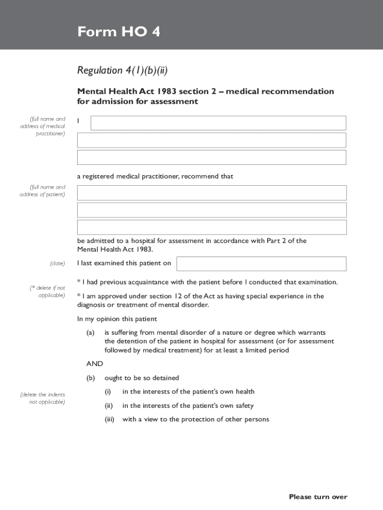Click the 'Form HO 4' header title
coord(118,32)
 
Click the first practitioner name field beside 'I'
coord(218,123)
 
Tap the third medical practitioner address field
coord(211,157)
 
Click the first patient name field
coord(211,193)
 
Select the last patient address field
coord(211,227)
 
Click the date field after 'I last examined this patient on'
coord(261,264)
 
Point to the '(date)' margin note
coord(57,263)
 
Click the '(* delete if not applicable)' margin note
coord(48,291)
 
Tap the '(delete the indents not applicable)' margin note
coord(43,398)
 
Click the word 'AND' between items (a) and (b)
coord(95,364)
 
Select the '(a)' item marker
coord(91,332)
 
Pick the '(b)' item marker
coord(91,378)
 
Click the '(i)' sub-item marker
coord(107,392)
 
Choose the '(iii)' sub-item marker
coord(109,419)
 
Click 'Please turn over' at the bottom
coord(318,497)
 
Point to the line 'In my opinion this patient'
coord(117,319)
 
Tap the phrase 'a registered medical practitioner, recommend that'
coord(155,176)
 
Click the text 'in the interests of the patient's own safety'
coord(188,406)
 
